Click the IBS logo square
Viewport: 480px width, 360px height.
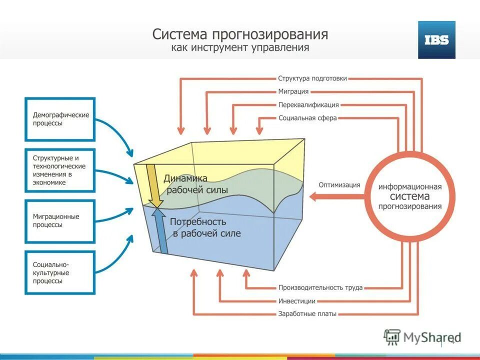[436, 40]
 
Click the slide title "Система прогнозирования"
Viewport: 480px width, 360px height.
[240, 34]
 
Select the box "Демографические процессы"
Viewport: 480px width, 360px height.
[60, 119]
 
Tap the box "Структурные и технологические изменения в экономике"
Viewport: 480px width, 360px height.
[60, 170]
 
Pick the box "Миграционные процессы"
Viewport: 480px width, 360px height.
[60, 221]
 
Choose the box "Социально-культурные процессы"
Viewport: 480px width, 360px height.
[60, 272]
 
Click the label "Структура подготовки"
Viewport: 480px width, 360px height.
[312, 78]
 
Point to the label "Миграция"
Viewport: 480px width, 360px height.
[293, 92]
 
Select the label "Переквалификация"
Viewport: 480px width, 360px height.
[308, 105]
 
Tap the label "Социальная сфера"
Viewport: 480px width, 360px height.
[307, 118]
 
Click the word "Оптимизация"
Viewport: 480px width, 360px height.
[339, 184]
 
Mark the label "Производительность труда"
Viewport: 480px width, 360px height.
[320, 288]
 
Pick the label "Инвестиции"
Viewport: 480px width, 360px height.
[297, 301]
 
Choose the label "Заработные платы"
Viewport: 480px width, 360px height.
[307, 314]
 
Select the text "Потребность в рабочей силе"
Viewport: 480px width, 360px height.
[205, 227]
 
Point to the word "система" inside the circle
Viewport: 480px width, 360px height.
[409, 196]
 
